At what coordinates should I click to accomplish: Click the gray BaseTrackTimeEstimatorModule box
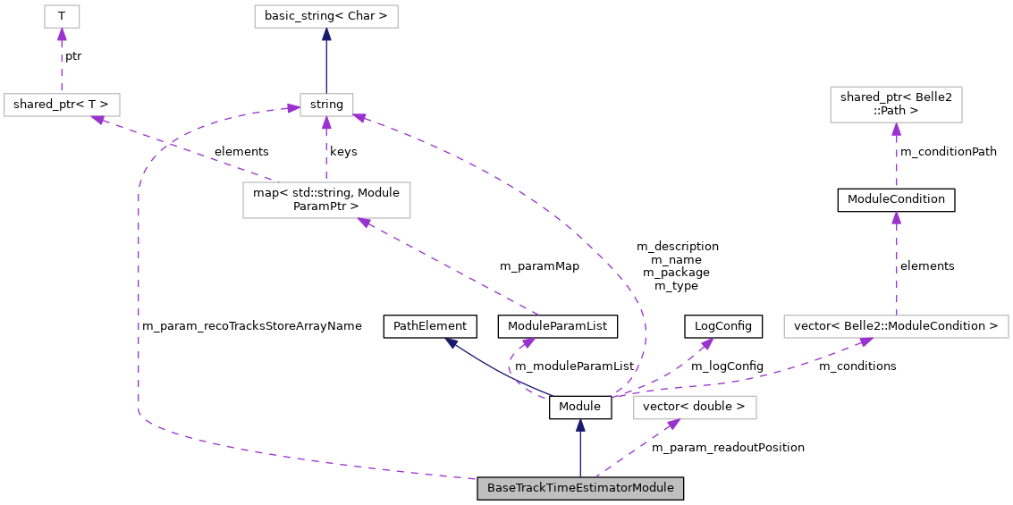point(580,488)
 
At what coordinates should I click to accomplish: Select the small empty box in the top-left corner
point(62,16)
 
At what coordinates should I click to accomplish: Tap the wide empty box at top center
point(325,16)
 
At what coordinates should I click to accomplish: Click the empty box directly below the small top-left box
point(62,105)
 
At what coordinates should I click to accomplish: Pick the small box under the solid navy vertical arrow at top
point(326,105)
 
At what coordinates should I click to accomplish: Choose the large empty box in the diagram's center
point(326,200)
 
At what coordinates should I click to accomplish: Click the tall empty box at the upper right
point(896,105)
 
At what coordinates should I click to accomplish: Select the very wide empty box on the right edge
point(896,326)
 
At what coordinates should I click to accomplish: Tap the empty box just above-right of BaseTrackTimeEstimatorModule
point(695,408)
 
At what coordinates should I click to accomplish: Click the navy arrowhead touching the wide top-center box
point(326,35)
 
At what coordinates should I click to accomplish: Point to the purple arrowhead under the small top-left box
point(62,35)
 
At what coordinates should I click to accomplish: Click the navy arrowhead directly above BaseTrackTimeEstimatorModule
point(580,426)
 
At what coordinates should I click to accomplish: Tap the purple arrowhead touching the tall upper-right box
point(896,130)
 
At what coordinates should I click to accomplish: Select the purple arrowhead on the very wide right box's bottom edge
point(865,341)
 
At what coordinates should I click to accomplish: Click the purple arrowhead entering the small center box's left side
point(292,108)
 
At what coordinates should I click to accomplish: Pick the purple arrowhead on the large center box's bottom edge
point(365,223)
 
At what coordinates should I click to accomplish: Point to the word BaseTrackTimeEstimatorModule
point(580,488)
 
